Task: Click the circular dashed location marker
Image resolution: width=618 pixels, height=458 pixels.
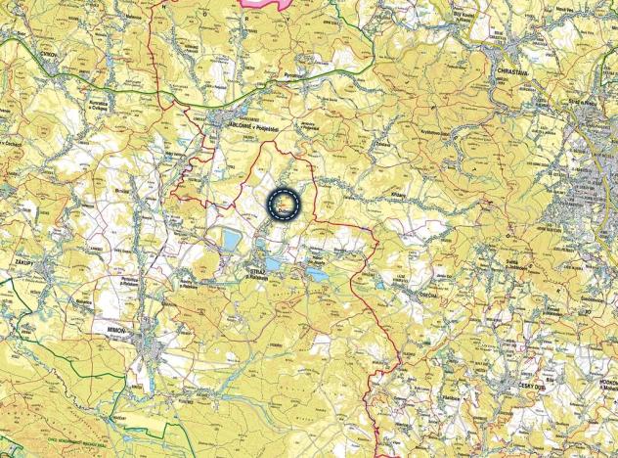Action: pyautogui.click(x=284, y=205)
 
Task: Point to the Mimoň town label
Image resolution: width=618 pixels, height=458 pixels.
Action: pyautogui.click(x=109, y=333)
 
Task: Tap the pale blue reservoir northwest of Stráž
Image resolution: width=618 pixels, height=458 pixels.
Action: pyautogui.click(x=231, y=238)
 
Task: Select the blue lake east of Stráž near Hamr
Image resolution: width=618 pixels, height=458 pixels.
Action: pyautogui.click(x=317, y=275)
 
